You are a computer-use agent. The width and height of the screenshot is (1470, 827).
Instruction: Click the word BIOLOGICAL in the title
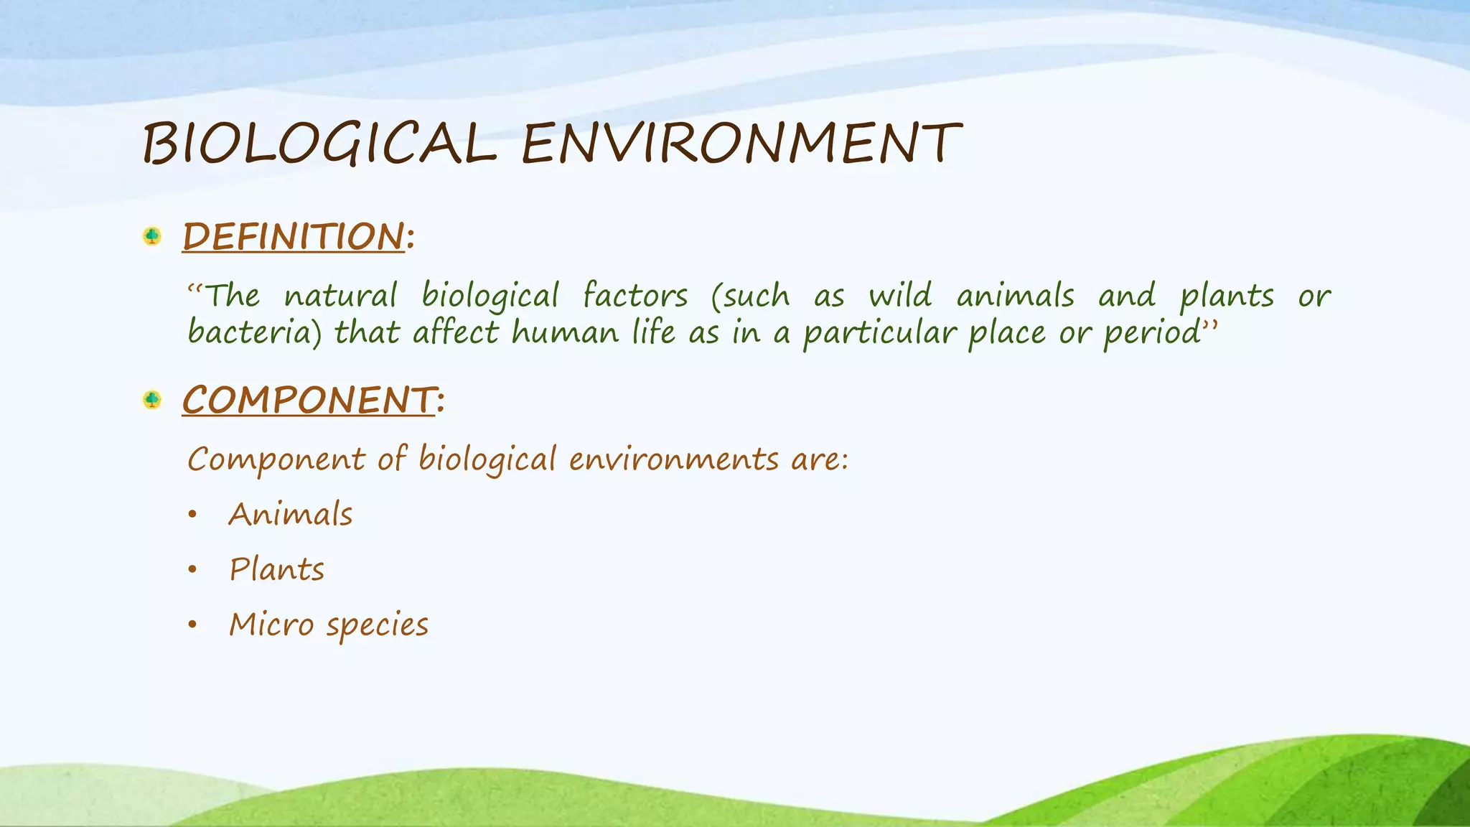(x=319, y=144)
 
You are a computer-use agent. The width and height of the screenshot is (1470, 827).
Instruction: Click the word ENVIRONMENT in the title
(x=741, y=144)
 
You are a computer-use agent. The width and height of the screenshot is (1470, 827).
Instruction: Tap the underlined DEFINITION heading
(x=294, y=237)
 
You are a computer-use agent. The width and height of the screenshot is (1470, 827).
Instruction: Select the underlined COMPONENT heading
(x=309, y=400)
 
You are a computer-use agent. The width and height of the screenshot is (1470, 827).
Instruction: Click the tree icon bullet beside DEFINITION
(x=152, y=236)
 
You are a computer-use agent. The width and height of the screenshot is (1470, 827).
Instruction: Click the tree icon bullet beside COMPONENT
(x=152, y=399)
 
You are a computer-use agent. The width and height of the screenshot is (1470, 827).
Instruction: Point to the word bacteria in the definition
(x=254, y=333)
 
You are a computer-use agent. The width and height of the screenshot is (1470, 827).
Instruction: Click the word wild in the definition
(x=900, y=296)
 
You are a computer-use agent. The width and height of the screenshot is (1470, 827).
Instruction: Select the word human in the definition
(x=565, y=333)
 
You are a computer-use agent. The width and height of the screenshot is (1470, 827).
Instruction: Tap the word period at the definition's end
(x=1151, y=333)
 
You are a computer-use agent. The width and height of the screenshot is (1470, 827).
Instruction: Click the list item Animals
(x=291, y=515)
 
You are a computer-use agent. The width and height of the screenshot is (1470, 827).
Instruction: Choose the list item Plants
(x=277, y=570)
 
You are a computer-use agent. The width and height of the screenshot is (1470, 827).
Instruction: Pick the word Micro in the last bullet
(x=271, y=625)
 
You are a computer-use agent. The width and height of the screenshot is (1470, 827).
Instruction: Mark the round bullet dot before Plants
(x=192, y=570)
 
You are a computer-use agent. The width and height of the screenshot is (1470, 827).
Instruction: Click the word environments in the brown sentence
(x=673, y=459)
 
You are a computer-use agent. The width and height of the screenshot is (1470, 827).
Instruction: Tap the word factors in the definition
(x=635, y=296)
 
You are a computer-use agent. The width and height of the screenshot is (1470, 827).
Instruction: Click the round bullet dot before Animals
(x=192, y=515)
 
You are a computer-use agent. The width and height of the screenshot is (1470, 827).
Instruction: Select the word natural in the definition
(x=340, y=296)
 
